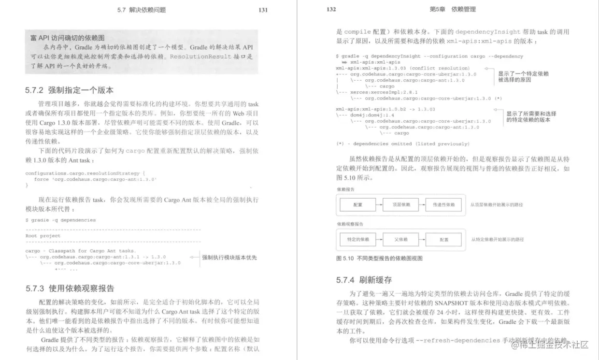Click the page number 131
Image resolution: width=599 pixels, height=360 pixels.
point(263,10)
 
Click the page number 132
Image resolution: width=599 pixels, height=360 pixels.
point(331,9)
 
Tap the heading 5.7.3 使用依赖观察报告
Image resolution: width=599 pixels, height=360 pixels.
point(70,288)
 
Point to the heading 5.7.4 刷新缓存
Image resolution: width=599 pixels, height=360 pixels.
point(364,280)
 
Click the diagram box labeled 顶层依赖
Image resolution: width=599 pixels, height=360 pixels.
point(401,205)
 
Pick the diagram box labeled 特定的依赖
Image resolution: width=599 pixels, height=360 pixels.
point(358,239)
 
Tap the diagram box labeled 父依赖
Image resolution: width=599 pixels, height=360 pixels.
point(401,239)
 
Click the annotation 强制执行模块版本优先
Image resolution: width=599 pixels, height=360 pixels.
point(229,258)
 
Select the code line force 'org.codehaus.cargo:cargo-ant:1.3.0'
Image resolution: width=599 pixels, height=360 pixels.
point(95,179)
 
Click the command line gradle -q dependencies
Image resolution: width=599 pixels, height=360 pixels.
point(60,220)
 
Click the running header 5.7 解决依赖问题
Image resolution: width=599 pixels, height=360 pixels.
point(144,10)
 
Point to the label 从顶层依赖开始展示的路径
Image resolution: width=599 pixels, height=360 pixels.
point(497,205)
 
